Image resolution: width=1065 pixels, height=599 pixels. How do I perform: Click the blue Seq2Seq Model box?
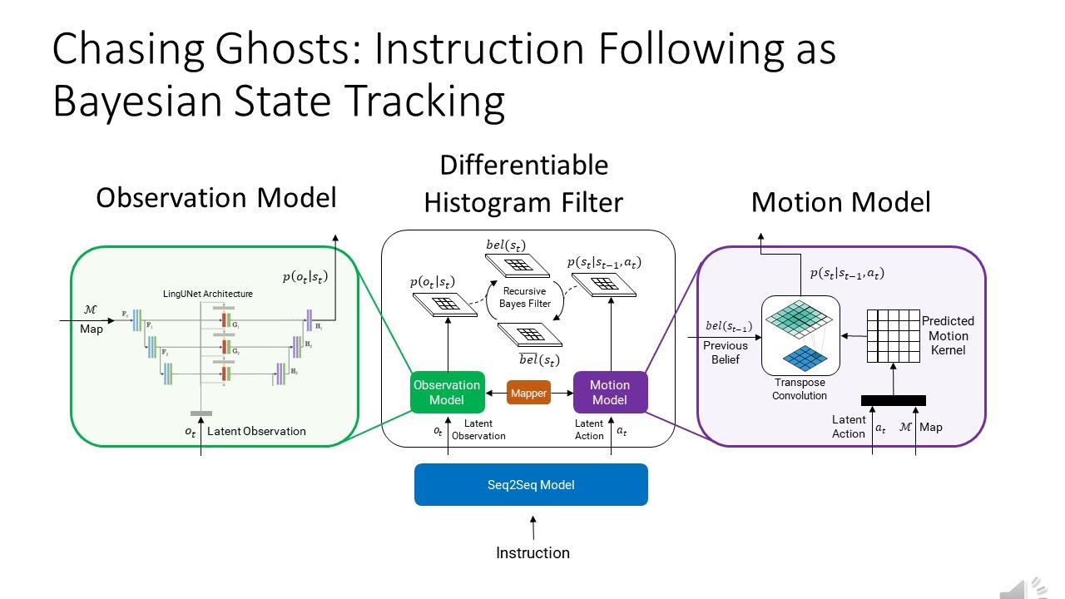531,484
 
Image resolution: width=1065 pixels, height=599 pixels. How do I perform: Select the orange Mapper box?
528,393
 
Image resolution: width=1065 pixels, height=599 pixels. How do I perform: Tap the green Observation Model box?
447,392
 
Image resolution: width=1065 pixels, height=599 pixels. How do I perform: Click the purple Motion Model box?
609,392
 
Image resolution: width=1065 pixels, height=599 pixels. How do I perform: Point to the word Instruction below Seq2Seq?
532,552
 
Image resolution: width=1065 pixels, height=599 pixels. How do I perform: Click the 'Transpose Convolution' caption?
799,389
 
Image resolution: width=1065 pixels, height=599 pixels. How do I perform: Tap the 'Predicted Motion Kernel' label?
948,335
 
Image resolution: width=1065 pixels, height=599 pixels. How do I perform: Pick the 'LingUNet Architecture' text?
208,294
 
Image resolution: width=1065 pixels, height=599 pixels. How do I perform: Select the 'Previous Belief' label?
726,351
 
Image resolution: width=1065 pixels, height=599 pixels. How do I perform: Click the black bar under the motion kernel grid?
893,400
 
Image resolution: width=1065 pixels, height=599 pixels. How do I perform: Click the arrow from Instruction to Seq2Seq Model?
532,526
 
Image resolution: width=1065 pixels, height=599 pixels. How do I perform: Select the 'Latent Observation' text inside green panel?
256,431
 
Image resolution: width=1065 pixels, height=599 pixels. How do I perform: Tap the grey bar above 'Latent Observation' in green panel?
201,413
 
